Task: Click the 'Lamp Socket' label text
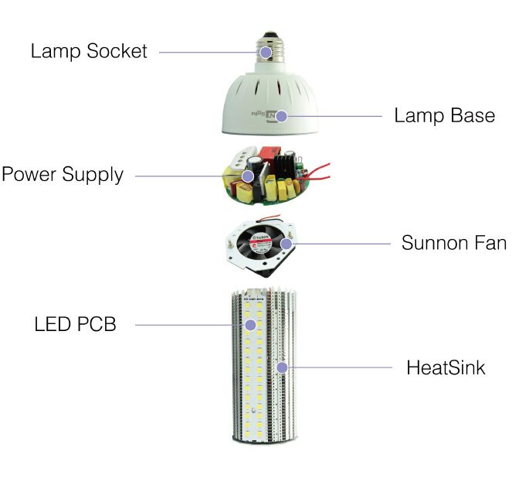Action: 89,51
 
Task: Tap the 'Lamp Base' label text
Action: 444,115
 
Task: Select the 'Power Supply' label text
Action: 63,174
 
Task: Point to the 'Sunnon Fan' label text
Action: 454,243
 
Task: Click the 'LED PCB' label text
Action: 75,324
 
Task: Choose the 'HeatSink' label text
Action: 446,367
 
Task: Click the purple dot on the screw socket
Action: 266,52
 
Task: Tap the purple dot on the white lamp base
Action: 281,116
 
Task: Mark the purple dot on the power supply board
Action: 248,176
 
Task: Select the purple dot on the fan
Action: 286,244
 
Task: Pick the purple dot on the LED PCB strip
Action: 250,325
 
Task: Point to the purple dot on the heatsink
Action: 282,367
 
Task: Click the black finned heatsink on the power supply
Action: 284,166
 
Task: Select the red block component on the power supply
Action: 270,156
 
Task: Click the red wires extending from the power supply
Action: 317,172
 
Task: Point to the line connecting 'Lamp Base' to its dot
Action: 334,116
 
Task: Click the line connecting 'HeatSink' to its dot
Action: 340,367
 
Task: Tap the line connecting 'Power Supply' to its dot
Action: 188,176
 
